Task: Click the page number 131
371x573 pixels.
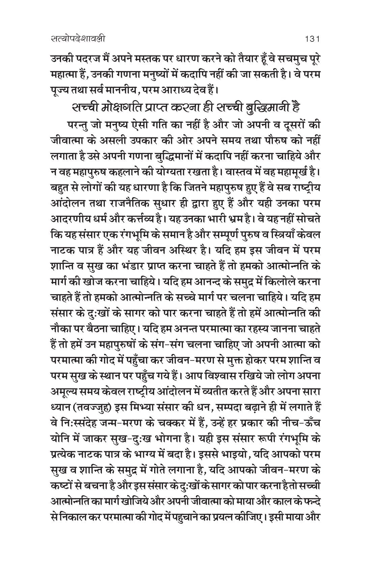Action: [x=312, y=39]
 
